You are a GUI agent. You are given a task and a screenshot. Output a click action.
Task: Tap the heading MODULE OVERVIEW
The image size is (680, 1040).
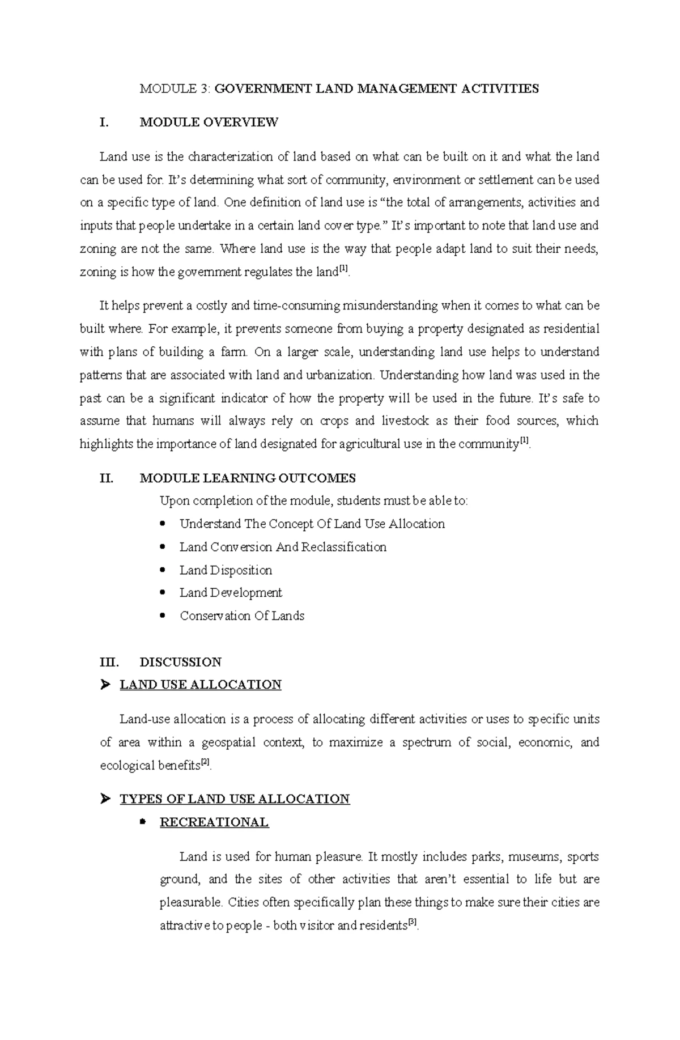coord(209,122)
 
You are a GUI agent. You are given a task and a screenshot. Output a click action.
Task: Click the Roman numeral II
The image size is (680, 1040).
coord(107,478)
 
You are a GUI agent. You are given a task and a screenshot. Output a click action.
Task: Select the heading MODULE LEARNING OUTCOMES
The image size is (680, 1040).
coord(247,478)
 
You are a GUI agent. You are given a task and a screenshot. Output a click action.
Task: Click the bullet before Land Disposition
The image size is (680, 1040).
coord(163,570)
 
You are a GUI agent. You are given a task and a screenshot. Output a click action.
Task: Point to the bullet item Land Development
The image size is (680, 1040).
coord(231,593)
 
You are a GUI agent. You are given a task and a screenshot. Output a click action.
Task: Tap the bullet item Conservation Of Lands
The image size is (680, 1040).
coord(242,616)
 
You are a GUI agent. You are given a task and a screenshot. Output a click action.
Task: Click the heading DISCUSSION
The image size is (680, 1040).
coord(180,662)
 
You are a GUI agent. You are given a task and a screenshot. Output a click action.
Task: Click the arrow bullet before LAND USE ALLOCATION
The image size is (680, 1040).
coord(105,685)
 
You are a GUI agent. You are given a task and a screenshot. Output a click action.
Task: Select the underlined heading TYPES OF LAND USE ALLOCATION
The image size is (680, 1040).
coord(235,799)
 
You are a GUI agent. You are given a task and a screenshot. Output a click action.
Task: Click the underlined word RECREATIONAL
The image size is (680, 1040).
coord(214,822)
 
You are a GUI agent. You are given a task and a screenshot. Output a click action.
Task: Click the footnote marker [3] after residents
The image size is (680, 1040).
coord(413,923)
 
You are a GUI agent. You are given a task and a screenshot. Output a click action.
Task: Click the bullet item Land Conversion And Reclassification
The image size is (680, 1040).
coord(283,547)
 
